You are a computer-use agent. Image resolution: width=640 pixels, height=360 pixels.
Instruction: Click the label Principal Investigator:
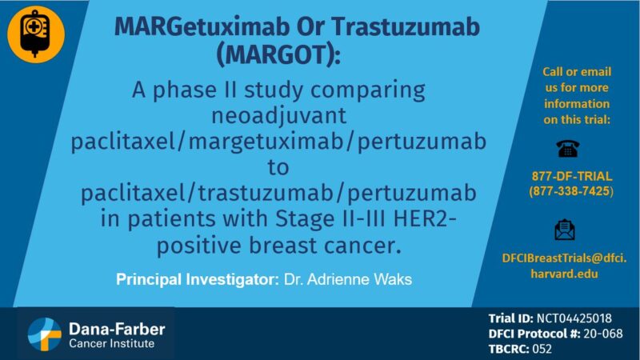tap(197, 280)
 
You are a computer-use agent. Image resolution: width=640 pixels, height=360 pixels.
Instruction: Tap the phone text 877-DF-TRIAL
tap(571, 177)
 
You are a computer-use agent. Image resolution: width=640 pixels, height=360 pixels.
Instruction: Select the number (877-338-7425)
tap(571, 192)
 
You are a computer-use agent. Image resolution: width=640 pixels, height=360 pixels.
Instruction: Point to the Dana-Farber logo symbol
tap(45, 333)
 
